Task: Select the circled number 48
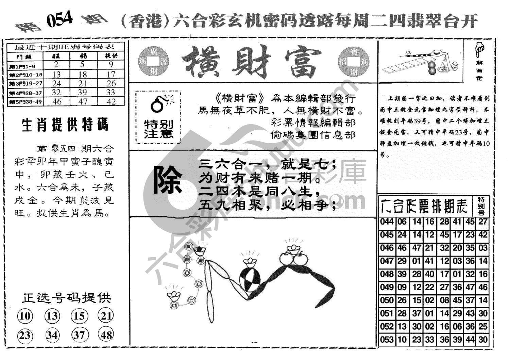(x=106, y=335)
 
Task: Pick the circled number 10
(x=25, y=316)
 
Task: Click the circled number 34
(x=52, y=335)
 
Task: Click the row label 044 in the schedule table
(x=387, y=222)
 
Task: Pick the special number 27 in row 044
(x=483, y=222)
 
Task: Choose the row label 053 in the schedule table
(x=387, y=339)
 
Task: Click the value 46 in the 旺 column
(x=57, y=101)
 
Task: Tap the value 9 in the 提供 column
(x=111, y=65)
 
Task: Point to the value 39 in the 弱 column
(x=83, y=92)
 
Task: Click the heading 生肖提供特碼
(x=65, y=125)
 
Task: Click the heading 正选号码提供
(x=67, y=298)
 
